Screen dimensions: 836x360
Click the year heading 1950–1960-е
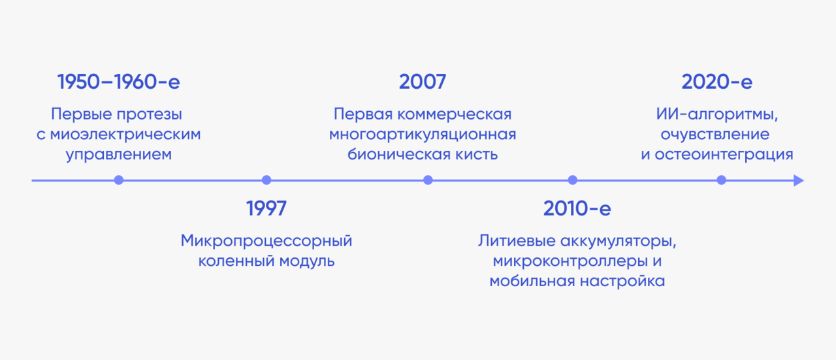click(x=119, y=82)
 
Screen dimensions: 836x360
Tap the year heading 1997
click(x=266, y=208)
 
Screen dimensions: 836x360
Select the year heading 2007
click(x=423, y=82)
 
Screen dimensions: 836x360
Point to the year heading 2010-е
click(x=577, y=208)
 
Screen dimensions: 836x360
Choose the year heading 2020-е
click(x=717, y=82)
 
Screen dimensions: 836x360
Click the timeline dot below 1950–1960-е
click(x=119, y=180)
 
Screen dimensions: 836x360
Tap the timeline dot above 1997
click(x=266, y=180)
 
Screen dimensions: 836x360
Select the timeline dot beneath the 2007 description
click(x=428, y=180)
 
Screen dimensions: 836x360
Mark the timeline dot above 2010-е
click(x=573, y=180)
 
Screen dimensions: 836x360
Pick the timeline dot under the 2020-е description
click(x=722, y=180)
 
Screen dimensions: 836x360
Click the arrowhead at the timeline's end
click(x=799, y=181)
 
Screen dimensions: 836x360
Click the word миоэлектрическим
click(x=125, y=135)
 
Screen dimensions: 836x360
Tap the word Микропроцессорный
click(x=266, y=241)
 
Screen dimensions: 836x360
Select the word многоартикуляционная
click(x=423, y=135)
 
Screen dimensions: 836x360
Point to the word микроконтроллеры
click(x=570, y=261)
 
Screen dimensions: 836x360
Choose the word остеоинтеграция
click(x=724, y=155)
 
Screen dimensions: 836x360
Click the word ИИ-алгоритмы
click(x=717, y=114)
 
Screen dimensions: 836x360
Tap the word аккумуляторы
click(x=619, y=241)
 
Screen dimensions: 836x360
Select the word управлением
click(x=119, y=155)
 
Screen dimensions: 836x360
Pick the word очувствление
click(x=715, y=135)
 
